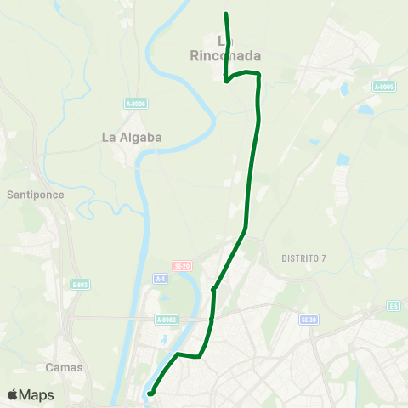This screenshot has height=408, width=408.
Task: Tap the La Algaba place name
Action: tap(131, 137)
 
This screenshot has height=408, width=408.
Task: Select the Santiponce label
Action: tap(35, 194)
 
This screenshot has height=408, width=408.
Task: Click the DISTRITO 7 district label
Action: tap(303, 258)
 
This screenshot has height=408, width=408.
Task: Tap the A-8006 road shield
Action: tap(136, 104)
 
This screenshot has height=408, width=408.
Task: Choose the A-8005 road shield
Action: tap(384, 86)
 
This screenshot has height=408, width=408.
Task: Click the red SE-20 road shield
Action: tap(181, 265)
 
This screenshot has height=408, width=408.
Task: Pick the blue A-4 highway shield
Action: tap(160, 278)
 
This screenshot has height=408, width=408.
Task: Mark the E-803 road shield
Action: tap(80, 285)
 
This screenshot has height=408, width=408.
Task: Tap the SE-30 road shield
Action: tap(309, 319)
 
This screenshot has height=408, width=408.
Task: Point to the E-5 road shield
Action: tap(394, 305)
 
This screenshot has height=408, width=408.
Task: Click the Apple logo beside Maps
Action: tap(14, 394)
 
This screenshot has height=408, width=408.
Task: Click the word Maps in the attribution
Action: tap(37, 394)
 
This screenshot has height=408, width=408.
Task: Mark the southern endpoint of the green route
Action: tap(150, 394)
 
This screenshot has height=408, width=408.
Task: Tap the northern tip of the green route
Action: tap(226, 14)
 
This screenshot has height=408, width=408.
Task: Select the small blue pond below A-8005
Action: tap(365, 110)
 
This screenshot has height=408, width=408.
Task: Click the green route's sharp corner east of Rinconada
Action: tap(258, 75)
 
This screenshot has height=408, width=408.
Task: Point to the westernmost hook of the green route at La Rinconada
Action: tap(226, 82)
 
